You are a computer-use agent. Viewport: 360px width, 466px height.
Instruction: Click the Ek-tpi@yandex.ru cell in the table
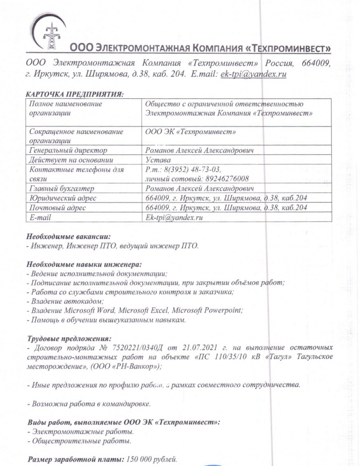coord(173,218)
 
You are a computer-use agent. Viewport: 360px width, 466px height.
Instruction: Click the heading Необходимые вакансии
coord(68,237)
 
